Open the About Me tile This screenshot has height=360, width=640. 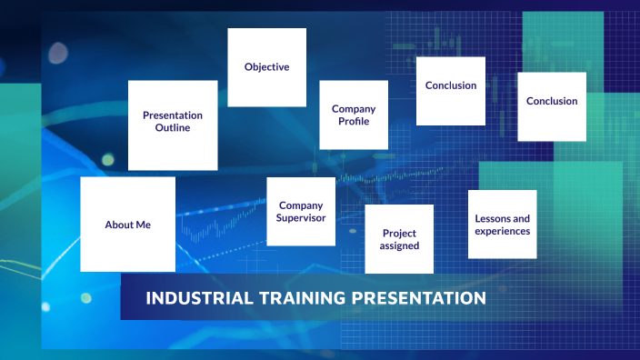pyautogui.click(x=127, y=225)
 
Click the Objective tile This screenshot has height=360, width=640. pyautogui.click(x=266, y=67)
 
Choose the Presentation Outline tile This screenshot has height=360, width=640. pyautogui.click(x=173, y=125)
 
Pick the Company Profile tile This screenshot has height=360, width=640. pyautogui.click(x=354, y=115)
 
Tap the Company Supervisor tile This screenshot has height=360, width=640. pyautogui.click(x=301, y=212)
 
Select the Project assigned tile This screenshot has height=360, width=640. pyautogui.click(x=400, y=239)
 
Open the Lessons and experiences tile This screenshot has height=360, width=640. pyautogui.click(x=502, y=225)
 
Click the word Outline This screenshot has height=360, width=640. pyautogui.click(x=173, y=129)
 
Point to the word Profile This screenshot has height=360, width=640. pyautogui.click(x=354, y=122)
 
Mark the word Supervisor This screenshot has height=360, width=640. pyautogui.click(x=301, y=218)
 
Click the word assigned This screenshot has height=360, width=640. pyautogui.click(x=400, y=246)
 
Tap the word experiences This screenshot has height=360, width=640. pyautogui.click(x=502, y=231)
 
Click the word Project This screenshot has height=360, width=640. pyautogui.click(x=400, y=234)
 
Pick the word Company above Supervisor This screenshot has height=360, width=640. pyautogui.click(x=301, y=205)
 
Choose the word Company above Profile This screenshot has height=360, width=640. pyautogui.click(x=354, y=109)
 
